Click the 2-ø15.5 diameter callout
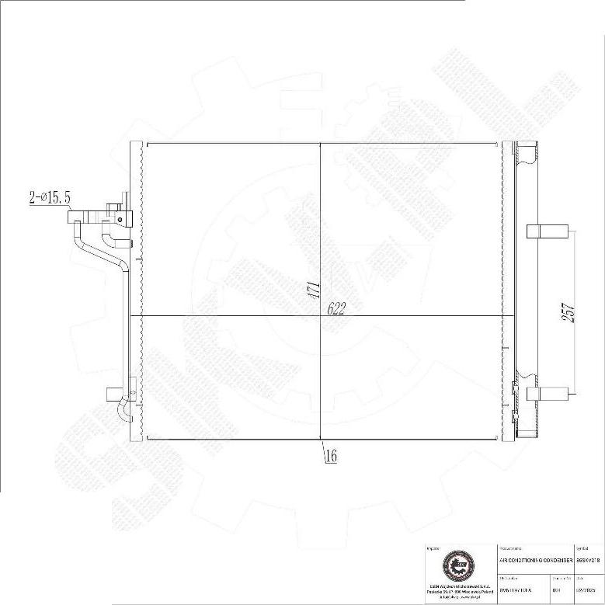coord(50,199)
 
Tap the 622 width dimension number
coord(336,308)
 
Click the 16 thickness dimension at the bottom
coord(330,457)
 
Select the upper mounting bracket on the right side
coord(541,231)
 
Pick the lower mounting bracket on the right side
coord(541,394)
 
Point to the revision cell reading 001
coord(556,590)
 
